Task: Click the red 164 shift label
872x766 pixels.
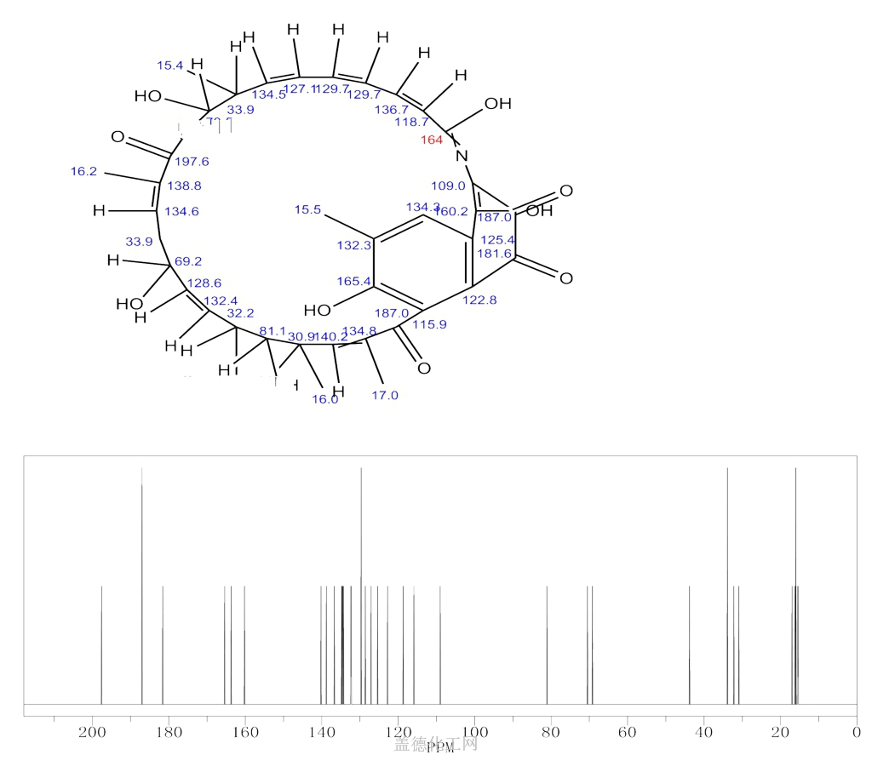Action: (433, 140)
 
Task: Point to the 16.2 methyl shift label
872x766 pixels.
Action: (84, 171)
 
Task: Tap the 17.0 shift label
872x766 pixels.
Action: (385, 395)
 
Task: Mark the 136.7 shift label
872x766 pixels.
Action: (390, 110)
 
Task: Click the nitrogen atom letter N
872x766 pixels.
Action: (462, 155)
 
